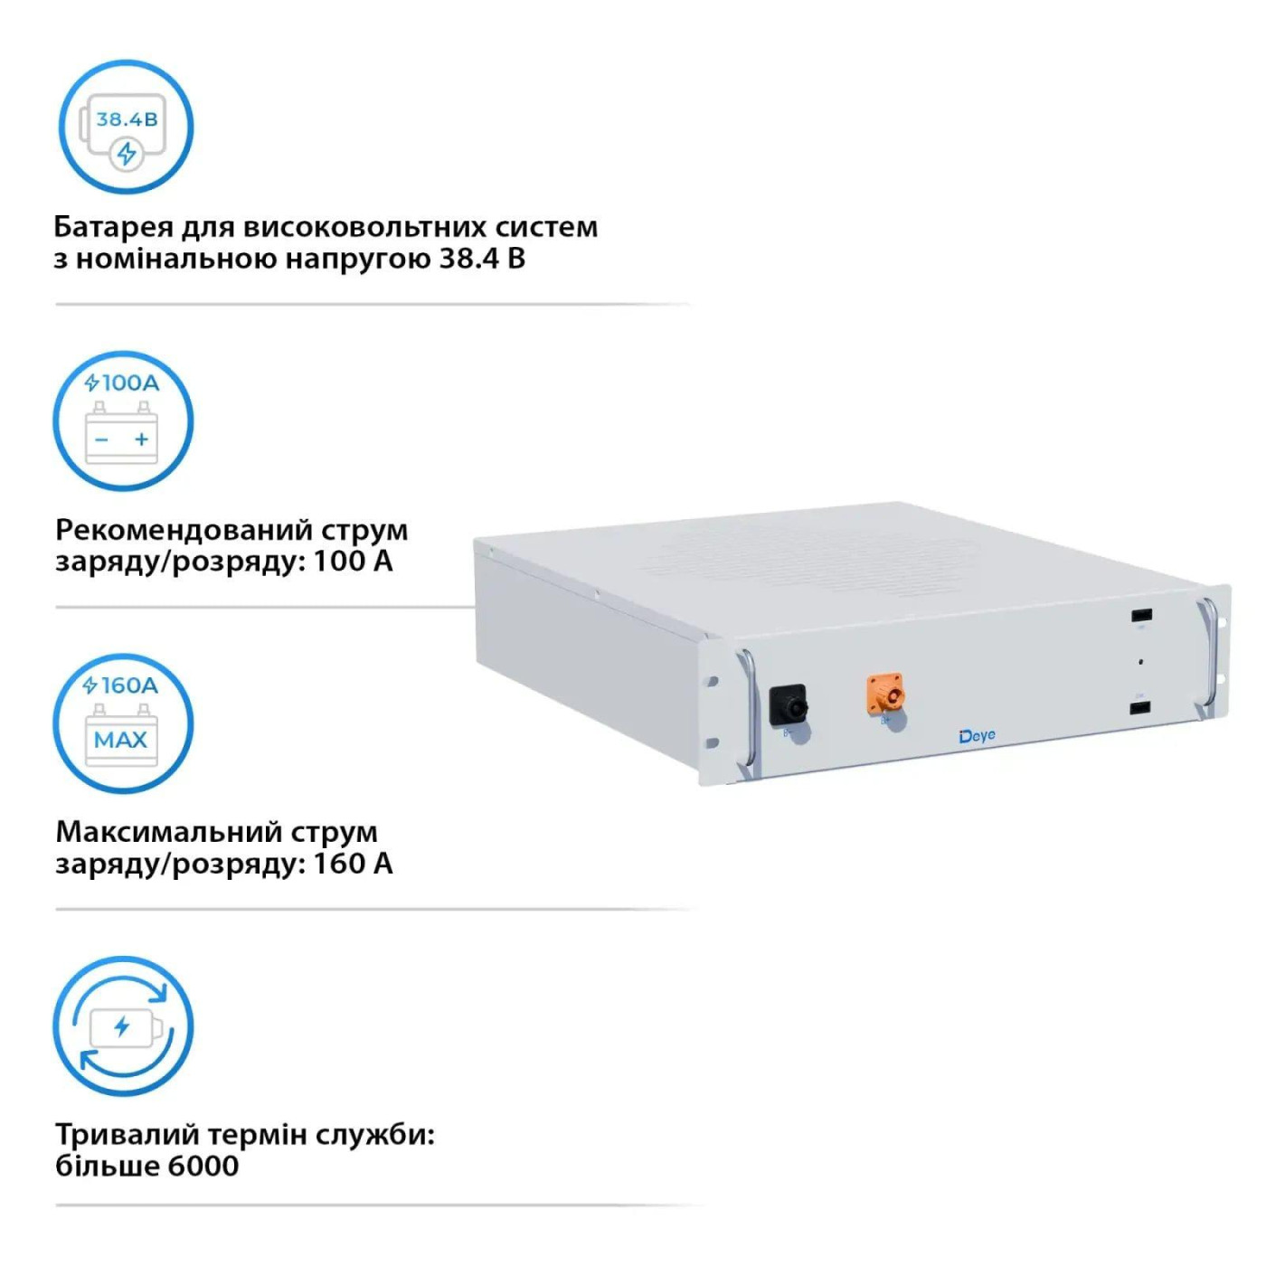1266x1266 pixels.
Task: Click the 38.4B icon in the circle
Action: tap(126, 127)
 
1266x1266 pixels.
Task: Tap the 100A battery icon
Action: tap(123, 421)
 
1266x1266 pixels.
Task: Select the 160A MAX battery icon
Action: tap(123, 723)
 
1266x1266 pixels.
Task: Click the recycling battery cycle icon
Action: tap(123, 1026)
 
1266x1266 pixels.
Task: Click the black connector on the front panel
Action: tap(788, 705)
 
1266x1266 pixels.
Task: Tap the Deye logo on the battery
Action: tap(977, 736)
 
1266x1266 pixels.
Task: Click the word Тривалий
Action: tap(127, 1134)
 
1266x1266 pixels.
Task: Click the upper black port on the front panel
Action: tap(1140, 616)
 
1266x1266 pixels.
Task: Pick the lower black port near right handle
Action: tap(1139, 706)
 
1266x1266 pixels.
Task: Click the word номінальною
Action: tap(176, 260)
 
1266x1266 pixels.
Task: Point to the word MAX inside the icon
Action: tap(120, 740)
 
